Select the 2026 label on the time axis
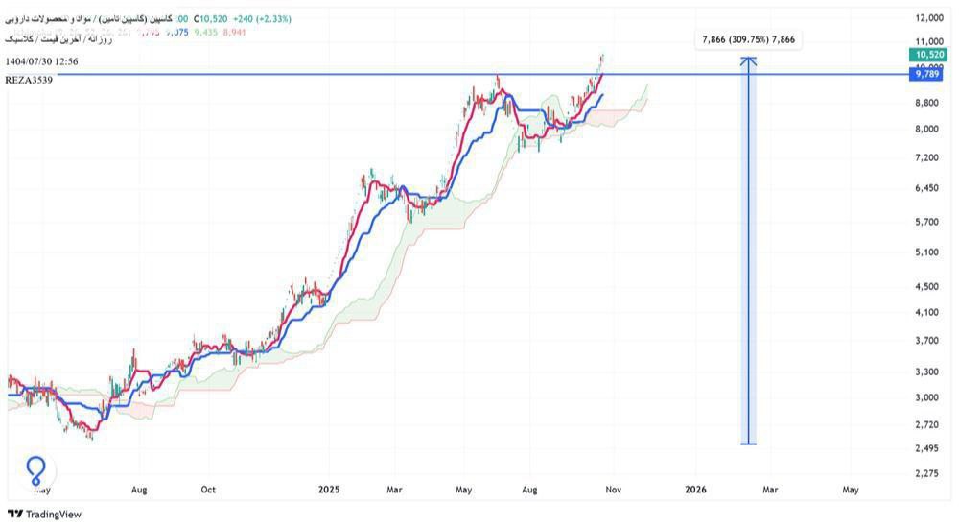696,490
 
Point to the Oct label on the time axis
208,490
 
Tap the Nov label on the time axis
614,490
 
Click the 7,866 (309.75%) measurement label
749,39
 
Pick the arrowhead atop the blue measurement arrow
749,60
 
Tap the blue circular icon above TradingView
35,470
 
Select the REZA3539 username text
28,81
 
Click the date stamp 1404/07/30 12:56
41,61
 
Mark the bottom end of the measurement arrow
749,444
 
